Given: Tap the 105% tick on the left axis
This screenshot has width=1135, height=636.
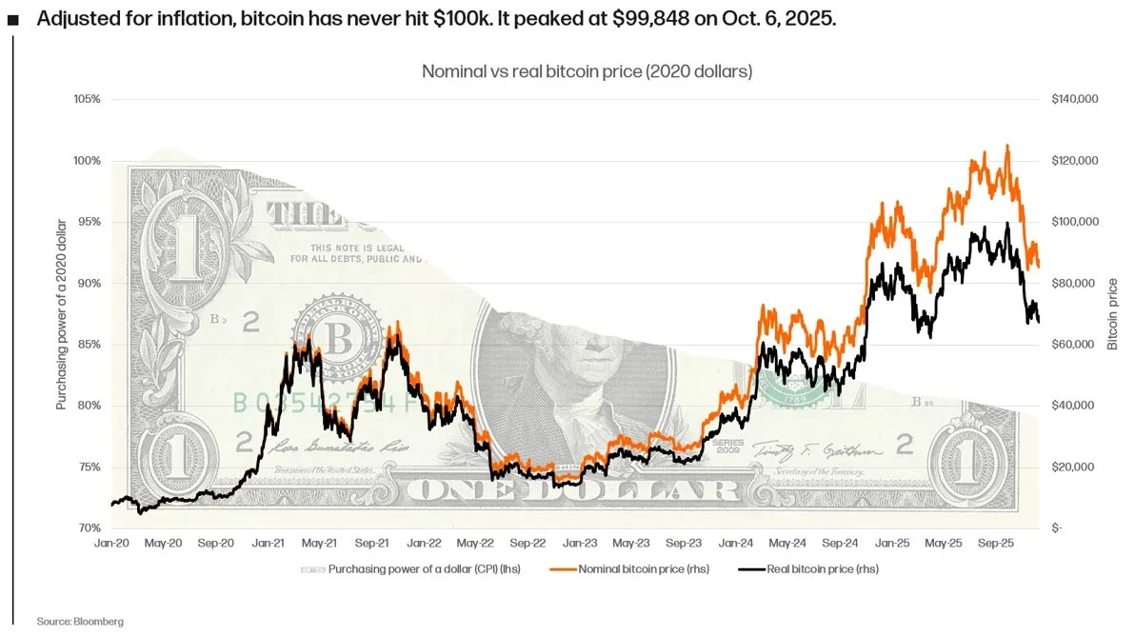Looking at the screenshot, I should coord(87,99).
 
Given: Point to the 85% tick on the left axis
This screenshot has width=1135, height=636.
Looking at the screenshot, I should coord(88,345).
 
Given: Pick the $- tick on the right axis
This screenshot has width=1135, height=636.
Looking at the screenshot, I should coord(1058,528).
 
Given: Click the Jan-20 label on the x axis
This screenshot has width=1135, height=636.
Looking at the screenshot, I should coord(111,543).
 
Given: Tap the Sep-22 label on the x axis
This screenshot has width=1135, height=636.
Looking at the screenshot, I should coord(527,543).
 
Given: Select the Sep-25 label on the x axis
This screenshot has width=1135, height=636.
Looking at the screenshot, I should coord(994,543).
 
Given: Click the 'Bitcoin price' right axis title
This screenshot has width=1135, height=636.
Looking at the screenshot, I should coord(1113,314).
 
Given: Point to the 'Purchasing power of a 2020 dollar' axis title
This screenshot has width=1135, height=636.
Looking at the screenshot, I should coord(62,314).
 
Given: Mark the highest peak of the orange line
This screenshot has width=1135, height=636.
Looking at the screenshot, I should coord(1007,146).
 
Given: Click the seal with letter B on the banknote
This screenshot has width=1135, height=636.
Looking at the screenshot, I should coord(334,336).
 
